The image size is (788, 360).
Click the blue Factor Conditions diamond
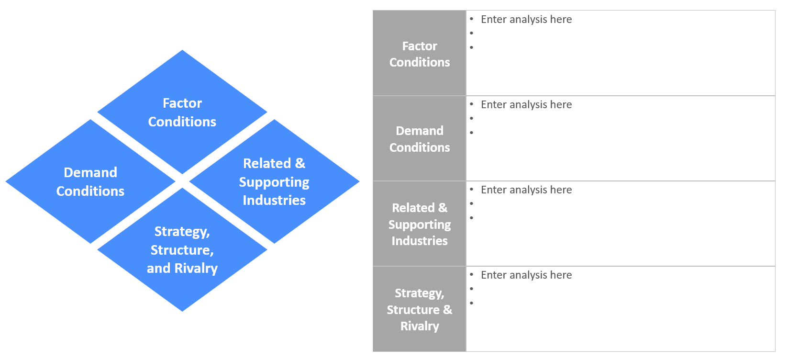(x=182, y=112)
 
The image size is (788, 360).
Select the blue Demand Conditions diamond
(x=90, y=181)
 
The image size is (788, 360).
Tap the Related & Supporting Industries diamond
(x=274, y=181)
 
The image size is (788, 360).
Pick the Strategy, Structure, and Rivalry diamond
(x=182, y=249)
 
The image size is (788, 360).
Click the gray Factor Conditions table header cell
(x=419, y=54)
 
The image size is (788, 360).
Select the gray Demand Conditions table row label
(x=419, y=139)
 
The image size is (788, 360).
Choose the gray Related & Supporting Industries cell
(x=419, y=224)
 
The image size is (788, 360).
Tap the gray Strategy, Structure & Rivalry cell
(x=419, y=309)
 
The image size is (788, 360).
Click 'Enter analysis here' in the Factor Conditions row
(x=526, y=20)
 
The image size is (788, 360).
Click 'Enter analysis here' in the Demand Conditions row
(x=526, y=105)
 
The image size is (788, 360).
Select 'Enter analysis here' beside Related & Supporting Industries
(x=526, y=190)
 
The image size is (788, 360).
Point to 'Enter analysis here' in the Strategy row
(x=526, y=275)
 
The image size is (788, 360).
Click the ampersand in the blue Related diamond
(x=300, y=163)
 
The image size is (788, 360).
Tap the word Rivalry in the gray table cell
(x=419, y=326)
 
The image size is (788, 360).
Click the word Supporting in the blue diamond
(x=274, y=182)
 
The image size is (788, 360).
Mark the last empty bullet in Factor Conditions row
(x=472, y=47)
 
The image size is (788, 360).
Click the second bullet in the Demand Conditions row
(x=472, y=118)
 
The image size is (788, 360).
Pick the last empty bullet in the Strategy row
(x=472, y=303)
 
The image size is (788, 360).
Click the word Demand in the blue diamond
(x=90, y=172)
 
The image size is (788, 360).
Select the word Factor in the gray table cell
(x=419, y=46)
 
